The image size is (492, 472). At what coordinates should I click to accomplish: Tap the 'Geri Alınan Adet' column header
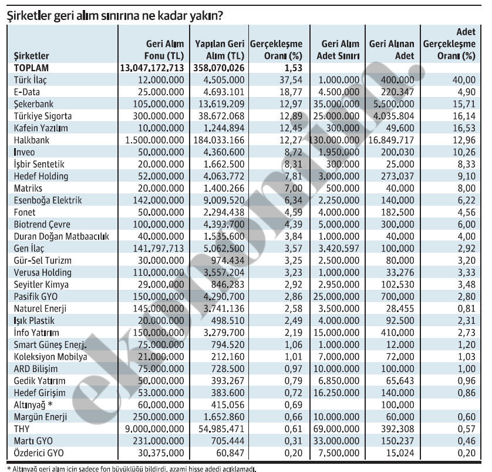392,50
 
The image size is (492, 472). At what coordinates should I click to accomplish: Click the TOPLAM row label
33,68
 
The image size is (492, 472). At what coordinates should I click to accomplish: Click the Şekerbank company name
35,104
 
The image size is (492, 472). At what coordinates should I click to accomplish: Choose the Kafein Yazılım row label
41,128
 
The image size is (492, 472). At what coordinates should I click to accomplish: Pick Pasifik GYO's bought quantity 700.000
398,296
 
